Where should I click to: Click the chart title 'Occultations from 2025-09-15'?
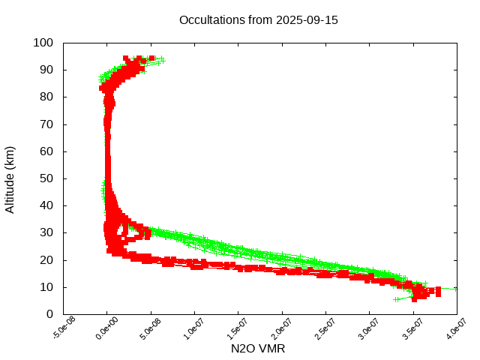(x=258, y=20)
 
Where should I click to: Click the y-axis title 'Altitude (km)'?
(x=10, y=178)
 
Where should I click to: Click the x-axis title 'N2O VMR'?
(x=258, y=349)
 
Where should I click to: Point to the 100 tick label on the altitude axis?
(x=43, y=43)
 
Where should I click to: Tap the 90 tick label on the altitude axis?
(x=46, y=70)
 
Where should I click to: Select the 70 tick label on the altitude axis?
(x=46, y=124)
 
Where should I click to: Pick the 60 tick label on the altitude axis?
(x=46, y=151)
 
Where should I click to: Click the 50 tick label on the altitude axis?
(x=46, y=178)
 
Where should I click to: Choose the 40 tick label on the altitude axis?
(x=46, y=205)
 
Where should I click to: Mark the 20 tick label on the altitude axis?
(x=46, y=259)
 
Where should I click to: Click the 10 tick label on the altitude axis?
(x=46, y=287)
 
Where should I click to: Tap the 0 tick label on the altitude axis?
(x=49, y=314)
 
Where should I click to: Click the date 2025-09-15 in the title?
(x=307, y=20)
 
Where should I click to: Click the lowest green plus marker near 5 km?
(x=397, y=299)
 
